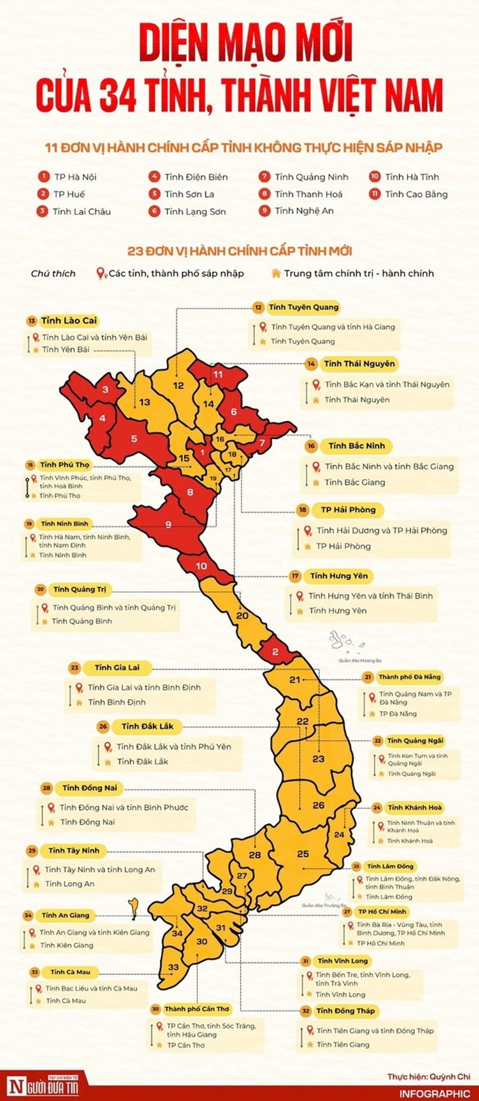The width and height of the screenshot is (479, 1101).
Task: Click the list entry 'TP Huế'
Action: (x=69, y=194)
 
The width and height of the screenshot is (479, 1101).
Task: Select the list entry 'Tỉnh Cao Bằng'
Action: (x=416, y=194)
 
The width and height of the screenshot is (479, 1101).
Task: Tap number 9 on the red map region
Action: (x=168, y=525)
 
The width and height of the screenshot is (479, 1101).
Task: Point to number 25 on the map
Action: (x=303, y=853)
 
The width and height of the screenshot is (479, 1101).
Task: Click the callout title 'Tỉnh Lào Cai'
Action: (x=69, y=320)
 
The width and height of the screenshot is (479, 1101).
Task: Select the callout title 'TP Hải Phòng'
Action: (x=348, y=510)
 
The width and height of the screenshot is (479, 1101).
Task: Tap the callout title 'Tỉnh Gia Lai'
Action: (x=117, y=667)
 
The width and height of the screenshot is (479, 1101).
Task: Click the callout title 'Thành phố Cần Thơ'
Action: (x=197, y=1009)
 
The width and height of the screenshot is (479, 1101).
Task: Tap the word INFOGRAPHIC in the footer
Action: (x=435, y=1093)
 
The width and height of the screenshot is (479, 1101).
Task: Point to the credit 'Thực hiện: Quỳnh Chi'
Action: (x=428, y=1076)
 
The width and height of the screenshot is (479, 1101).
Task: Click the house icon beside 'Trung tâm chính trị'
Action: (x=276, y=273)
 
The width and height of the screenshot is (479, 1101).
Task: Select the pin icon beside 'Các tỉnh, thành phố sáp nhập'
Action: (x=100, y=273)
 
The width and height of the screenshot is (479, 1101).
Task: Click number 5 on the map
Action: (x=134, y=438)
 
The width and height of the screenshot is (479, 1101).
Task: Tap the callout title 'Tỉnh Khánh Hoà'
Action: (x=415, y=807)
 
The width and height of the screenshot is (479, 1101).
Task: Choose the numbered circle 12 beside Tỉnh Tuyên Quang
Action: (x=258, y=307)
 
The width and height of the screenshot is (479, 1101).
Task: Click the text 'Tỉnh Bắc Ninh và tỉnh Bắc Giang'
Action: (x=389, y=466)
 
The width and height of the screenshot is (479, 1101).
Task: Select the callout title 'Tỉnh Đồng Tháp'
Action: (x=346, y=1011)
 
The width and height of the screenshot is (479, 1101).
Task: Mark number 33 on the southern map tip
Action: (x=173, y=967)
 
